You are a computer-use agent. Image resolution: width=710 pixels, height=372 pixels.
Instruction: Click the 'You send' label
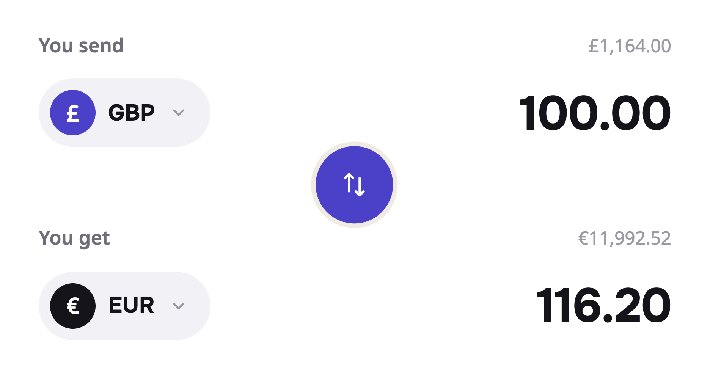(x=81, y=46)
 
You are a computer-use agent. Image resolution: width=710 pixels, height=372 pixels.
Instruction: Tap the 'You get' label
(x=74, y=239)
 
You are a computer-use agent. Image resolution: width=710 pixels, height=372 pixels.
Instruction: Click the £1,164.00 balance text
(x=630, y=46)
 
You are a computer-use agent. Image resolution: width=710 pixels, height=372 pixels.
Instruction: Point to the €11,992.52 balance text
(x=624, y=239)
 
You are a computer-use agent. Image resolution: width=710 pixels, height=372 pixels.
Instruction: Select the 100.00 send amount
(x=595, y=113)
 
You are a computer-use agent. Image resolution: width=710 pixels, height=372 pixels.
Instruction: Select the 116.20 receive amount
(x=604, y=305)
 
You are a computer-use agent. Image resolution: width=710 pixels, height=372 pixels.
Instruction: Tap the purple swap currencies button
(x=354, y=185)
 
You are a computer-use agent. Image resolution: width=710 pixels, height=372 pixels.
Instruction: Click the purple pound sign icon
(x=73, y=113)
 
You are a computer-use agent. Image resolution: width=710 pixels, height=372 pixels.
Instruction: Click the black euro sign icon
(x=73, y=306)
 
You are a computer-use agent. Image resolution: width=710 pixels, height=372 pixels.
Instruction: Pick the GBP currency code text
(x=132, y=113)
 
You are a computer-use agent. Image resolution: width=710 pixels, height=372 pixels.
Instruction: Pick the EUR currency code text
(x=131, y=305)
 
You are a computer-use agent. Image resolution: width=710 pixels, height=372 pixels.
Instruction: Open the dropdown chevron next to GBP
(x=179, y=113)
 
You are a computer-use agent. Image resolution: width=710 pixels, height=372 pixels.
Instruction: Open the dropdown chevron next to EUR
(x=179, y=306)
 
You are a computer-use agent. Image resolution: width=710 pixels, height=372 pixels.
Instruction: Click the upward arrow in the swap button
(x=349, y=182)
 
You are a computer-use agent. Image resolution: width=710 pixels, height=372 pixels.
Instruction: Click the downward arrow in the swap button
(x=360, y=187)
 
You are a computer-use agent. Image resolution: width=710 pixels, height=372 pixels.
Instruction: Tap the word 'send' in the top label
(x=101, y=46)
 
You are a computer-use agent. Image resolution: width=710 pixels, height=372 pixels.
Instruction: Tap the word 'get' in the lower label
(x=94, y=239)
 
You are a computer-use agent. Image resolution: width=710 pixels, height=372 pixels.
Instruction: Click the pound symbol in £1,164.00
(x=594, y=46)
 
